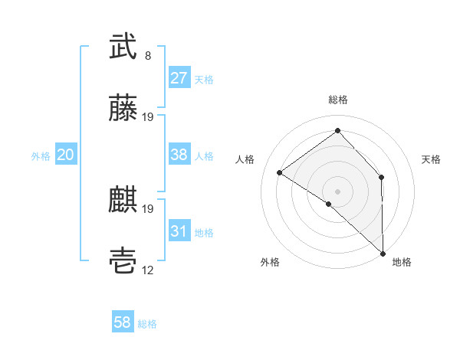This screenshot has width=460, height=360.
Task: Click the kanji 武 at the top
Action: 123,47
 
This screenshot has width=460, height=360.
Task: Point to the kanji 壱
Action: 123,262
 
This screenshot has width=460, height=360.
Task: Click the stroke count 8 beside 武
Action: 148,56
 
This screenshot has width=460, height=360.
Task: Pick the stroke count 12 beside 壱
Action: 148,270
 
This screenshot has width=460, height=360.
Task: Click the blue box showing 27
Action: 179,78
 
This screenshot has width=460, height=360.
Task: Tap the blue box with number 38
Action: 179,155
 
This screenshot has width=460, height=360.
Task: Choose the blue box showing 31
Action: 179,231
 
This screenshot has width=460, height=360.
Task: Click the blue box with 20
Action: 65,155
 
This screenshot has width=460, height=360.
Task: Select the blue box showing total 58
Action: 122,323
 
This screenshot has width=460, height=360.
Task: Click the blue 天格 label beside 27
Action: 204,79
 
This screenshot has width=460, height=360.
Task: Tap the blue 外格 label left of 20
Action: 41,155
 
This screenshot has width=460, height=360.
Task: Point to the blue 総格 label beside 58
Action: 147,324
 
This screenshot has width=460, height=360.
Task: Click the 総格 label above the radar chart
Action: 338,100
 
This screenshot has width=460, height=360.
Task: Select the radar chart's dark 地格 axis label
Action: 402,262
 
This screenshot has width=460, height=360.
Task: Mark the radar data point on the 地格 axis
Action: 382,253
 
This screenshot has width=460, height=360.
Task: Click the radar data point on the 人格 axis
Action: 280,172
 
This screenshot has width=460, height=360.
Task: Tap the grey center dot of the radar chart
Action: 337,191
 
